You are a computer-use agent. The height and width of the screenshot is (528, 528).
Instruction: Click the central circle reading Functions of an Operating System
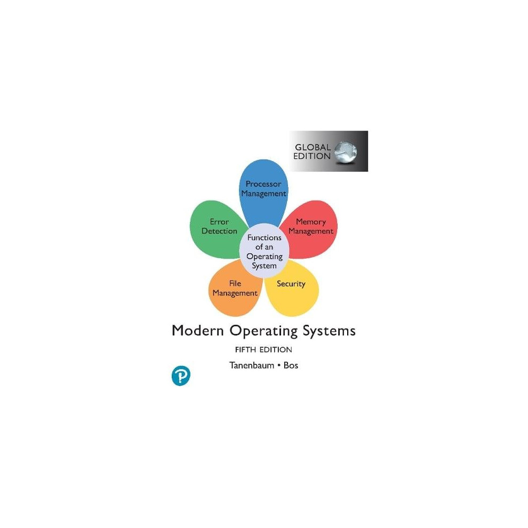[265, 251]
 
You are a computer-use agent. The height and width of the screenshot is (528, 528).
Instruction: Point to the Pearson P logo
[181, 375]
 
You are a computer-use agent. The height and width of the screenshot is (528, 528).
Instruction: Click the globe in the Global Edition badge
[346, 152]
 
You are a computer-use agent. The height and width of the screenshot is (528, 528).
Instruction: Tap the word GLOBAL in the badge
[313, 147]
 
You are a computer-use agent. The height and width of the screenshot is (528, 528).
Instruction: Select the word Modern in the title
[198, 331]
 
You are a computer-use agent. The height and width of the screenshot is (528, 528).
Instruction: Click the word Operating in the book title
[263, 331]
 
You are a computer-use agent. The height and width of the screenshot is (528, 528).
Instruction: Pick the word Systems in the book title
[329, 331]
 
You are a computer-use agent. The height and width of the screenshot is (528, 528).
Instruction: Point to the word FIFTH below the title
[245, 350]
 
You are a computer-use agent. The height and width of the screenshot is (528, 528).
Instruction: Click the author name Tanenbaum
[252, 365]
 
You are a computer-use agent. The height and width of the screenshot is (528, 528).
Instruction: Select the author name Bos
[291, 365]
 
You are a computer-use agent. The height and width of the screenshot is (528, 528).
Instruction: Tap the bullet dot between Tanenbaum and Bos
[279, 365]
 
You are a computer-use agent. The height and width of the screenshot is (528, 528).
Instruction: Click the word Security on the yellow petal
[291, 284]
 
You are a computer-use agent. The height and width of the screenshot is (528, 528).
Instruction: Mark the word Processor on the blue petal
[263, 184]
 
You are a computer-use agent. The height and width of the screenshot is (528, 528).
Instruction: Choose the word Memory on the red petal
[311, 222]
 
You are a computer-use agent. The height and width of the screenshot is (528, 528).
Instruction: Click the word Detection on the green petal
[219, 231]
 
